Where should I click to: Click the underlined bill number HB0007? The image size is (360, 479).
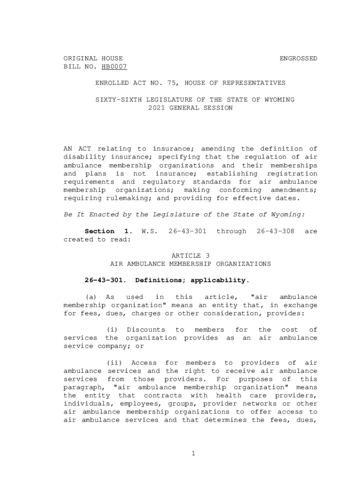point(114,67)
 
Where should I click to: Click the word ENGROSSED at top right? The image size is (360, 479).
point(298,58)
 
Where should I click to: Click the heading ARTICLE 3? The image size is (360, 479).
point(190,255)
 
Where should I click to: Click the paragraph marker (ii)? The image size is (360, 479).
point(114,363)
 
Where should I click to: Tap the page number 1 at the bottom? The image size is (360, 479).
point(193,453)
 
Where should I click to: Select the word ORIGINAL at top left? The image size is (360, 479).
point(80,58)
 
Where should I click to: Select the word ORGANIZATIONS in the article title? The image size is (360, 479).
point(243,264)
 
